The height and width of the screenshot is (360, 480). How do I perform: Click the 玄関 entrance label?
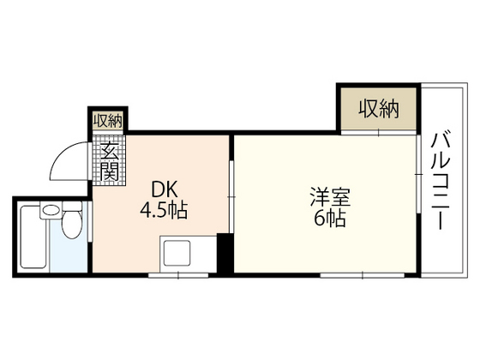pos(110,162)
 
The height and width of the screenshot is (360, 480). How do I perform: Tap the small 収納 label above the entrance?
pos(108,121)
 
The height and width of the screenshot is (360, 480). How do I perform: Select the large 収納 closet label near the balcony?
pos(379,109)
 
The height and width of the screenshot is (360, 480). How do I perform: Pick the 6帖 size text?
pos(328,219)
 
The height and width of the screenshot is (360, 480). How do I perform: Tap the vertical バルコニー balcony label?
pos(442,181)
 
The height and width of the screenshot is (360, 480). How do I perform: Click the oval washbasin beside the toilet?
pos(51,210)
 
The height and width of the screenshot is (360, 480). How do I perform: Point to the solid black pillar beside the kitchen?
pos(224,254)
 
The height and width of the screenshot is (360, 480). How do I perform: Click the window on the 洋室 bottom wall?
pos(343,275)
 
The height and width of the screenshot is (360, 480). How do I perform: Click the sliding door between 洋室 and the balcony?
pos(419,176)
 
